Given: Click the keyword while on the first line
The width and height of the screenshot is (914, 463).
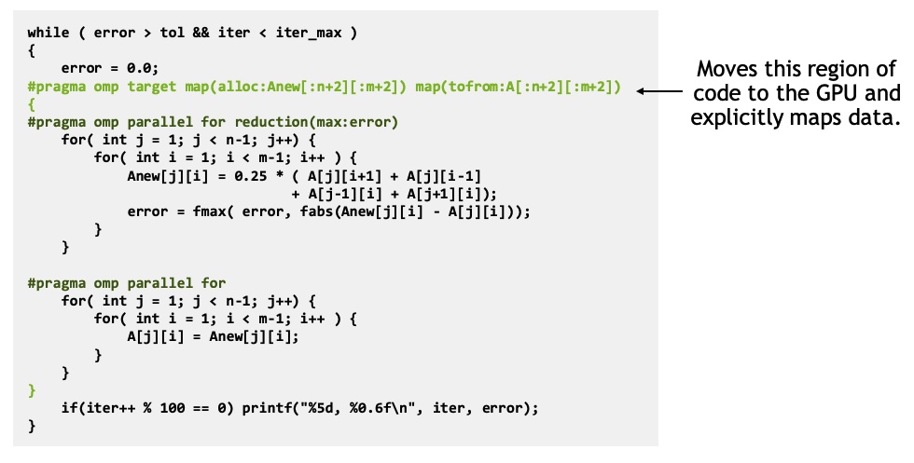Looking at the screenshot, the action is (48, 33).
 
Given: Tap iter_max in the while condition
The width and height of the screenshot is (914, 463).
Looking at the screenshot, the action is (309, 34).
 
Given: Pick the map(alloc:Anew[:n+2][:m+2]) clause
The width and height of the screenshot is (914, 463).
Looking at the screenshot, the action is (296, 88).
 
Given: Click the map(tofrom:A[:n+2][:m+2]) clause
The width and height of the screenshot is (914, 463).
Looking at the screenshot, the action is (519, 88).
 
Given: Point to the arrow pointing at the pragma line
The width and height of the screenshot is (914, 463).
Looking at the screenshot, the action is (659, 91).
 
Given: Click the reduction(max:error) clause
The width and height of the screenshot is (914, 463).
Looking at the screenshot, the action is (316, 122).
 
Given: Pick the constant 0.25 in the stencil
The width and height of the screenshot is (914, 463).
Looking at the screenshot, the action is (251, 176).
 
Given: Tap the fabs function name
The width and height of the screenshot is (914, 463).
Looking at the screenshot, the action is (316, 212).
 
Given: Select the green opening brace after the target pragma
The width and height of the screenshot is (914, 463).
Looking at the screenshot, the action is (32, 105).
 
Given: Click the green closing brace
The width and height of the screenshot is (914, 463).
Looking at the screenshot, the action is (32, 390).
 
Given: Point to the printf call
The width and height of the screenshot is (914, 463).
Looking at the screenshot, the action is (390, 409).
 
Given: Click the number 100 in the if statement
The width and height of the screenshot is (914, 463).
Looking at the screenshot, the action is (173, 409).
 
